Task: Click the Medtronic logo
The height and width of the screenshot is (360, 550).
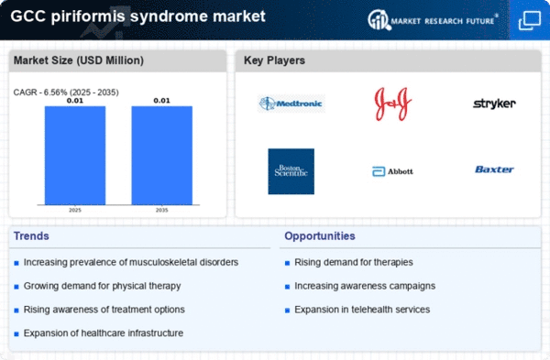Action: pos(291,104)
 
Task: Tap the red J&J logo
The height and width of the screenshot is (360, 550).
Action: pos(393,104)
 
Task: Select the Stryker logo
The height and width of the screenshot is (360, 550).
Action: pos(494,104)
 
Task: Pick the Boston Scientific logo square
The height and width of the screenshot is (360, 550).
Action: pos(291,171)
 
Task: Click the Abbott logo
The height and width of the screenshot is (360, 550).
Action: pos(392,171)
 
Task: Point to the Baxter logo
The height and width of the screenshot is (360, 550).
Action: pos(494,169)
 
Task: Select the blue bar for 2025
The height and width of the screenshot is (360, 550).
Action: pos(75,156)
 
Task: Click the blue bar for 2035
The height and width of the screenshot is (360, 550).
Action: pos(161,156)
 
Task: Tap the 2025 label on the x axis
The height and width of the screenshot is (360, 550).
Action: pos(75,210)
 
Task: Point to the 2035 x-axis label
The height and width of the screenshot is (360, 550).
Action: pos(161,210)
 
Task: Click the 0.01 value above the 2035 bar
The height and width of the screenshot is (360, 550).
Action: pos(161,101)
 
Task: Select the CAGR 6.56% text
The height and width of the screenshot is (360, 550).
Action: pos(66,93)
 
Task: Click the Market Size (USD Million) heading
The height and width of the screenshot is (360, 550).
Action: pos(79,60)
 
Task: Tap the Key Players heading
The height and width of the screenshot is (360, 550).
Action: pos(274,60)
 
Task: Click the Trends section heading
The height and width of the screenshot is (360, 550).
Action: pos(31,236)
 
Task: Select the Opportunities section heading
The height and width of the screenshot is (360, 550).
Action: pos(320,236)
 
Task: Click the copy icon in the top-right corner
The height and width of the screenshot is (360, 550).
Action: pos(530,20)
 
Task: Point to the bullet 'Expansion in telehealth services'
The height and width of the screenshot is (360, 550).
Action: pos(362,310)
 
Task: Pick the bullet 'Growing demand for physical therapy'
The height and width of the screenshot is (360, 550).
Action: pos(102,286)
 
